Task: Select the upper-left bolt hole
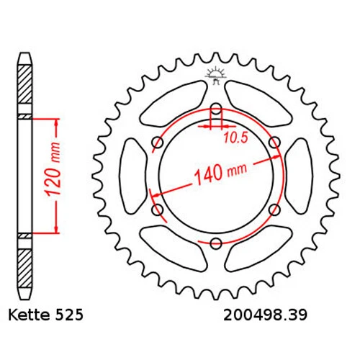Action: coord(157,144)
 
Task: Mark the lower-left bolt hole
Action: coord(157,210)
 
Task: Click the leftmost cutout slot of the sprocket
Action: coord(132,176)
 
